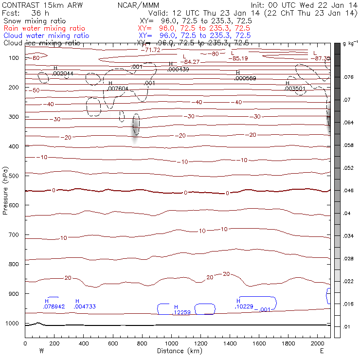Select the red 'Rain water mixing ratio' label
click(44, 29)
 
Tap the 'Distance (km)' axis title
click(178, 351)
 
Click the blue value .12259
click(182, 312)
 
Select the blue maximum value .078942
click(54, 306)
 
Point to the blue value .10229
click(244, 306)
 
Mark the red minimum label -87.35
click(323, 58)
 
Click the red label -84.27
click(192, 62)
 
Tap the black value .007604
click(118, 89)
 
